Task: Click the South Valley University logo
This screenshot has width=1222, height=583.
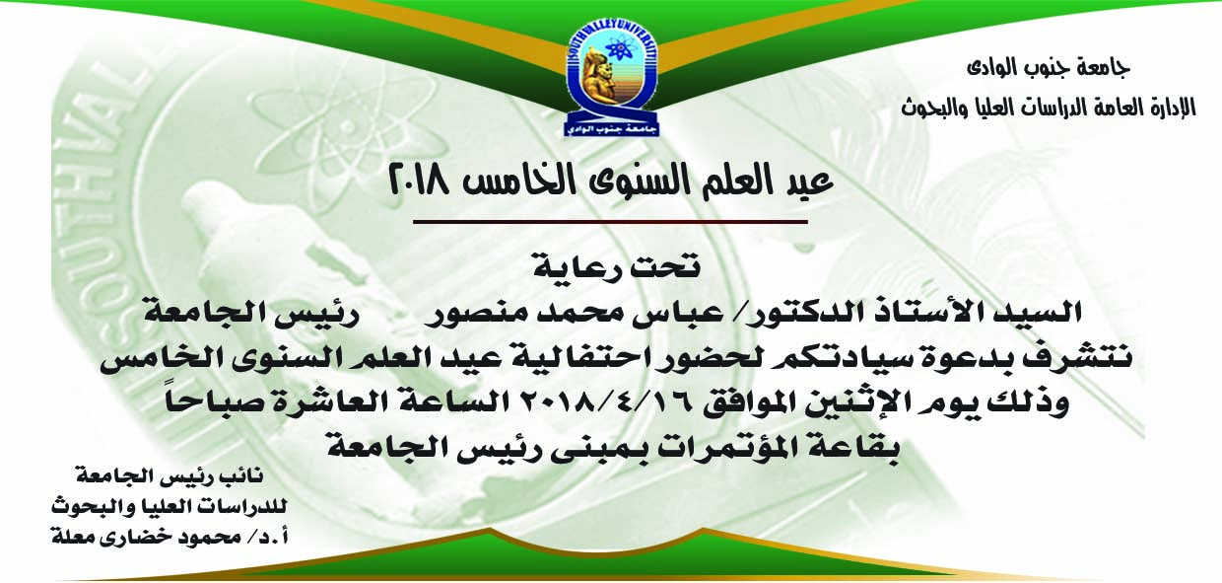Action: click(x=611, y=79)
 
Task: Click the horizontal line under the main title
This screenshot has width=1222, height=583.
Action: click(x=610, y=222)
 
